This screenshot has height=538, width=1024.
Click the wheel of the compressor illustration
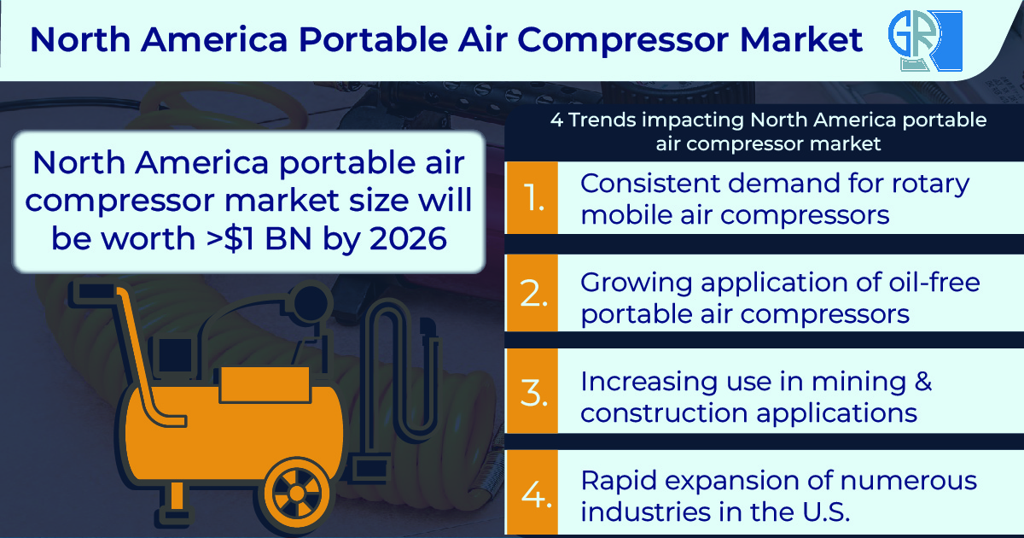point(294,494)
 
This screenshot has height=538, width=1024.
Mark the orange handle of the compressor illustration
point(137,359)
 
